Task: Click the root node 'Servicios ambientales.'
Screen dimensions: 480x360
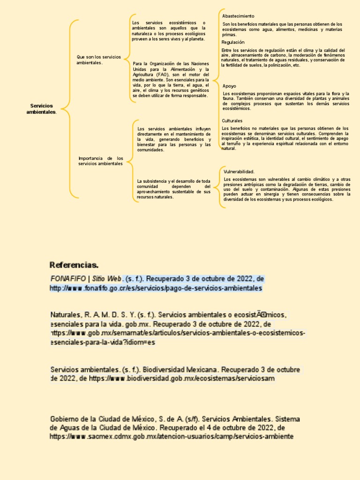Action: [41, 109]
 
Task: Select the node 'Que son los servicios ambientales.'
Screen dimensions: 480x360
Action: [98, 60]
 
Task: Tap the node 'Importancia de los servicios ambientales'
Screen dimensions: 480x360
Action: [100, 161]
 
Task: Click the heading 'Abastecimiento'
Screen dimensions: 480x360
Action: [238, 16]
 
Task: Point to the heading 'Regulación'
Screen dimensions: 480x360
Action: [233, 42]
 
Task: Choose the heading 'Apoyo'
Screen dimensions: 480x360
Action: [229, 86]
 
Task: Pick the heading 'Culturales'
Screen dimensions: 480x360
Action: [232, 120]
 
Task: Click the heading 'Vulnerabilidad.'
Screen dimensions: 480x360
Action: [239, 172]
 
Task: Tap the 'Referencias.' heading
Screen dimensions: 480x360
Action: [74, 265]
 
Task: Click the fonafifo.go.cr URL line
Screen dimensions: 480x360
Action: [156, 288]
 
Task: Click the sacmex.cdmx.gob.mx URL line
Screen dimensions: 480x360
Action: [172, 436]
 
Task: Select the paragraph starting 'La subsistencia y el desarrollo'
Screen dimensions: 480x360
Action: [173, 189]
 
